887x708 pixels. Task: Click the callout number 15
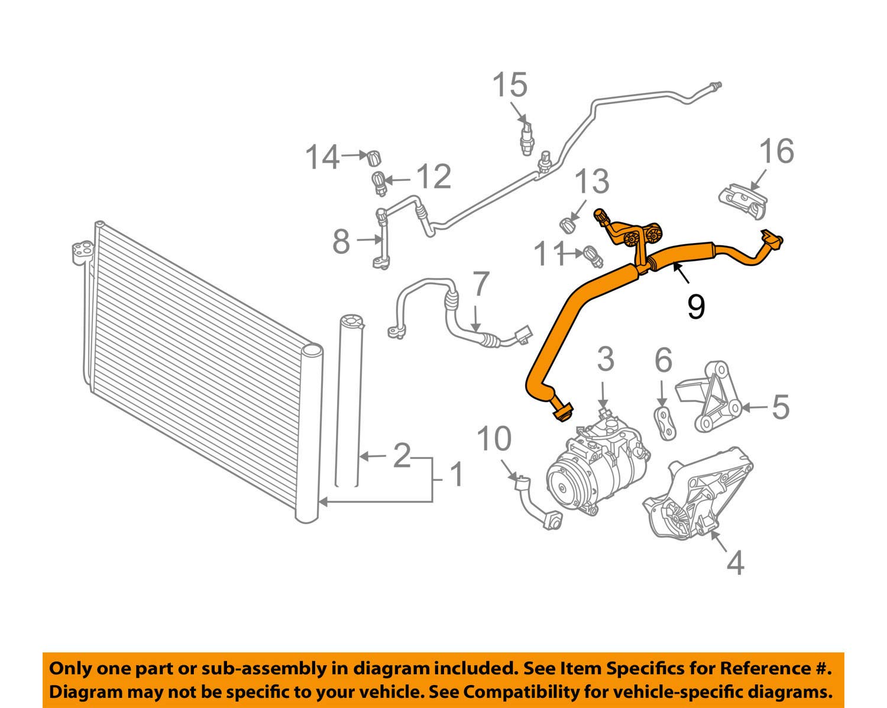(x=510, y=86)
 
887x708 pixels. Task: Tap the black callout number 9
(x=696, y=306)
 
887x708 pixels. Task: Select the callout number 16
(x=776, y=151)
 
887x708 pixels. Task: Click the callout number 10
(x=494, y=439)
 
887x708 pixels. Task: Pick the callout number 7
(x=481, y=285)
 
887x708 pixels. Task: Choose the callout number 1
(x=457, y=474)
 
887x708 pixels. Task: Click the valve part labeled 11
(x=591, y=255)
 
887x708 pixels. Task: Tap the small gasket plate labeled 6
(x=666, y=423)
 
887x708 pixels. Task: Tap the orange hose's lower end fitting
(x=561, y=412)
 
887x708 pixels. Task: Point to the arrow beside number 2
(x=373, y=457)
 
